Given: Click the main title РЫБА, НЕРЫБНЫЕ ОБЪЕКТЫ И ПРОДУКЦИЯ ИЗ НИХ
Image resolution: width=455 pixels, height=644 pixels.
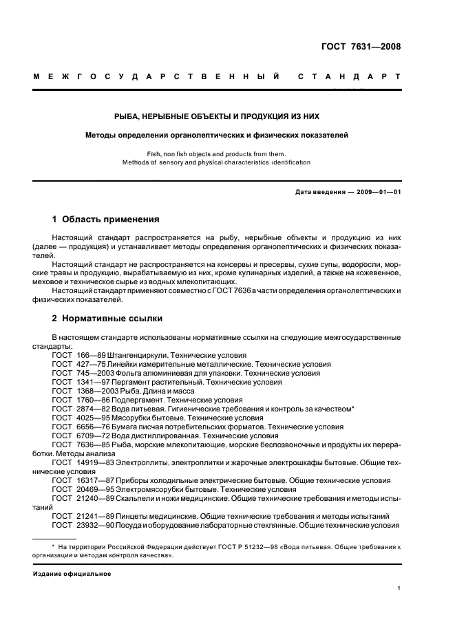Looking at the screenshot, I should (x=227, y=116).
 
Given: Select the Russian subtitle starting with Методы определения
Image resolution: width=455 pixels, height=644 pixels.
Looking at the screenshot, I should (x=227, y=135).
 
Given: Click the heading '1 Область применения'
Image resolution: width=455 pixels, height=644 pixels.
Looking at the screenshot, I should (x=105, y=220).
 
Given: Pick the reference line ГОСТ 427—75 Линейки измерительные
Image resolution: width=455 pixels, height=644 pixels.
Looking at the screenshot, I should (x=165, y=364).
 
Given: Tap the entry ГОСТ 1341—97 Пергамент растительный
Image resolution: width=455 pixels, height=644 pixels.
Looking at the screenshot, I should (x=166, y=382).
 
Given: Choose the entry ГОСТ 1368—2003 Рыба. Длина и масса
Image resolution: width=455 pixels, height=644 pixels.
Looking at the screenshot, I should (x=137, y=391).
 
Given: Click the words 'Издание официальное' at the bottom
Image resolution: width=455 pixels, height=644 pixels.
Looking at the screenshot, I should (x=72, y=573).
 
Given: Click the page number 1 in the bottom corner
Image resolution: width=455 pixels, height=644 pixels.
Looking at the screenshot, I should (x=399, y=588).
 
